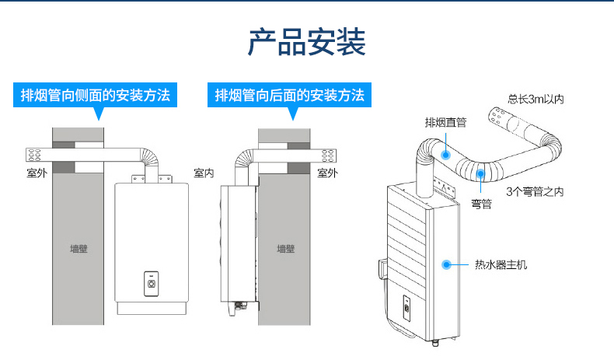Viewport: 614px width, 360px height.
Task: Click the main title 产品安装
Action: click(x=306, y=44)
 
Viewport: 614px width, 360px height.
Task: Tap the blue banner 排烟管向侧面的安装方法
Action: click(x=95, y=96)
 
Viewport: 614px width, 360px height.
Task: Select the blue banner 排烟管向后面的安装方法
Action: click(x=289, y=96)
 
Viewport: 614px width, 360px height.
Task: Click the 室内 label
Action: click(x=204, y=173)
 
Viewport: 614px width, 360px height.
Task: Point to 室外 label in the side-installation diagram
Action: click(x=37, y=173)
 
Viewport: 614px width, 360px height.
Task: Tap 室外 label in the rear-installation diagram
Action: click(x=328, y=173)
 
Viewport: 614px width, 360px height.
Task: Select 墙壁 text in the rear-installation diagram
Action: click(x=286, y=250)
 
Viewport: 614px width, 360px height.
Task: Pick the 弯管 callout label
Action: click(x=481, y=204)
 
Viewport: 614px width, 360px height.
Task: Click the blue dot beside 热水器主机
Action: click(x=447, y=264)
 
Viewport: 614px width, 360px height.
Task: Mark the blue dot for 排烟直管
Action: click(x=446, y=155)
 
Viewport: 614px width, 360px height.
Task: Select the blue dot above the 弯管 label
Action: click(x=481, y=174)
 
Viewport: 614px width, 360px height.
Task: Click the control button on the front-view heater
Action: click(x=152, y=283)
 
